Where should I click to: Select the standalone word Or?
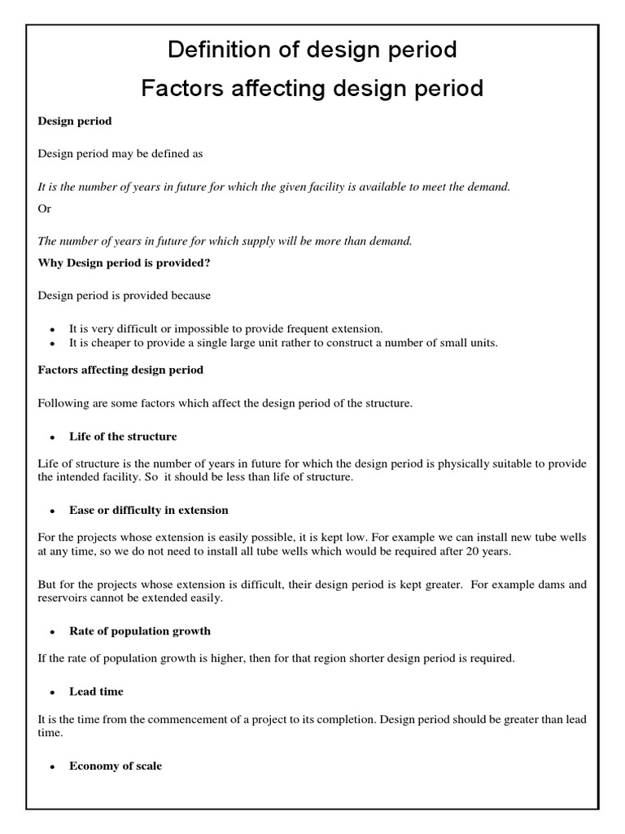pos(45,208)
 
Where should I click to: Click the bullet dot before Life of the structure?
pos(51,437)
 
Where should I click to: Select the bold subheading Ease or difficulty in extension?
pos(148,510)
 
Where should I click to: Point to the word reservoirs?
pos(63,599)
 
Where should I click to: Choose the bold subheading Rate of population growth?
pos(139,631)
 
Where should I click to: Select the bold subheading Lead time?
pos(96,691)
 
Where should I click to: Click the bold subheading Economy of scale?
pos(116,766)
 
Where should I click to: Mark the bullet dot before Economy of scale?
pos(51,767)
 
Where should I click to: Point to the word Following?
pos(62,404)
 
